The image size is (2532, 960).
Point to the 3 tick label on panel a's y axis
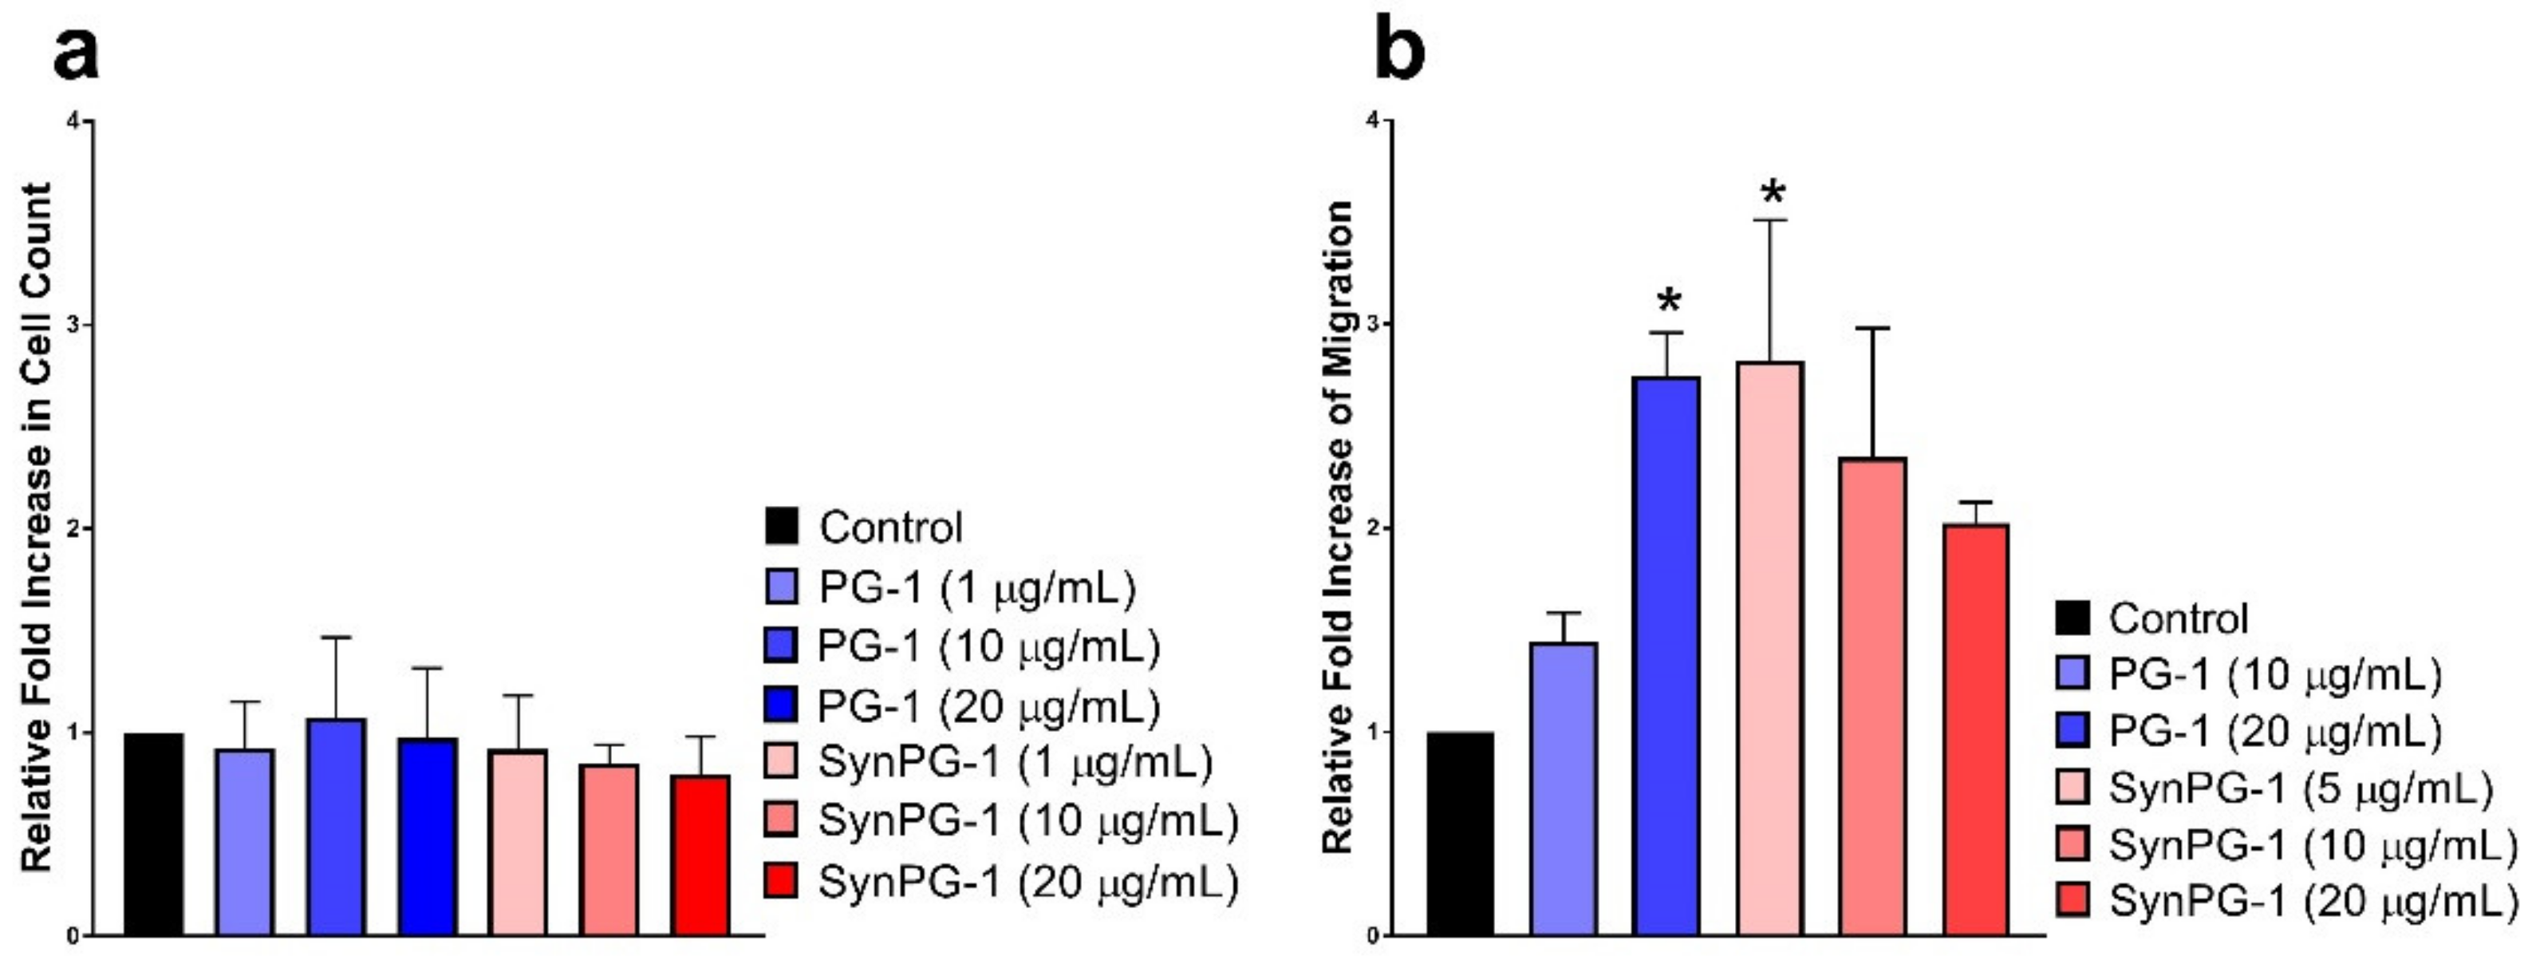tap(73, 326)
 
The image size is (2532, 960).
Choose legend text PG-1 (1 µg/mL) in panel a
tap(977, 587)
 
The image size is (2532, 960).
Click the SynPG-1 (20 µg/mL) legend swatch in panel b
tap(2071, 900)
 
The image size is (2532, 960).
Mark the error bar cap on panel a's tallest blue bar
tap(336, 638)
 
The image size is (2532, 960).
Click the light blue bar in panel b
tap(1564, 787)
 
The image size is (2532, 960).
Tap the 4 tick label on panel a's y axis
tap(73, 122)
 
